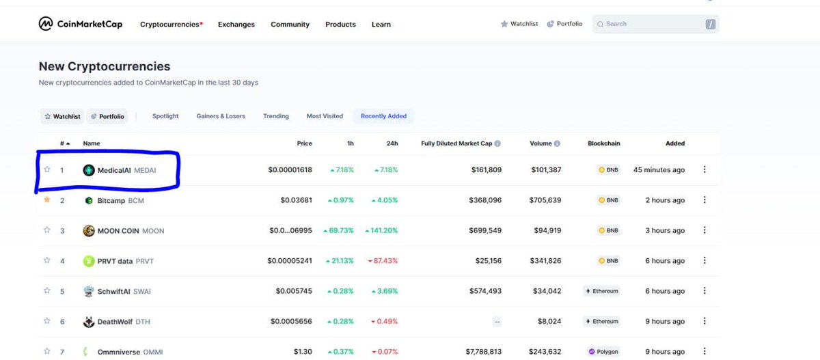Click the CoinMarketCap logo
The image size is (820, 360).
[x=81, y=24]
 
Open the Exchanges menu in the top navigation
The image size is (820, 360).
[x=236, y=25]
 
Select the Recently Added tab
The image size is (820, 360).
[x=383, y=116]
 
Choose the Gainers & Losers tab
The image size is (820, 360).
[x=221, y=116]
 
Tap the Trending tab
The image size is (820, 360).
[x=275, y=116]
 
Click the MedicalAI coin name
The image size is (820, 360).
[x=114, y=170]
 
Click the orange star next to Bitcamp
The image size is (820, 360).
[x=47, y=200]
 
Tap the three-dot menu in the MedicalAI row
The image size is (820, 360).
[x=705, y=170]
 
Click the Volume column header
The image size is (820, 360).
[x=545, y=143]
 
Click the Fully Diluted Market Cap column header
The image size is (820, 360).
[x=456, y=143]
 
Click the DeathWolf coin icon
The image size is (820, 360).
[x=88, y=322]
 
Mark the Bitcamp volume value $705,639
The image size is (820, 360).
[x=545, y=200]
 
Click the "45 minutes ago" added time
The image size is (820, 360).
[x=659, y=170]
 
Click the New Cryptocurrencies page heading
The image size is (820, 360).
[x=105, y=66]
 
